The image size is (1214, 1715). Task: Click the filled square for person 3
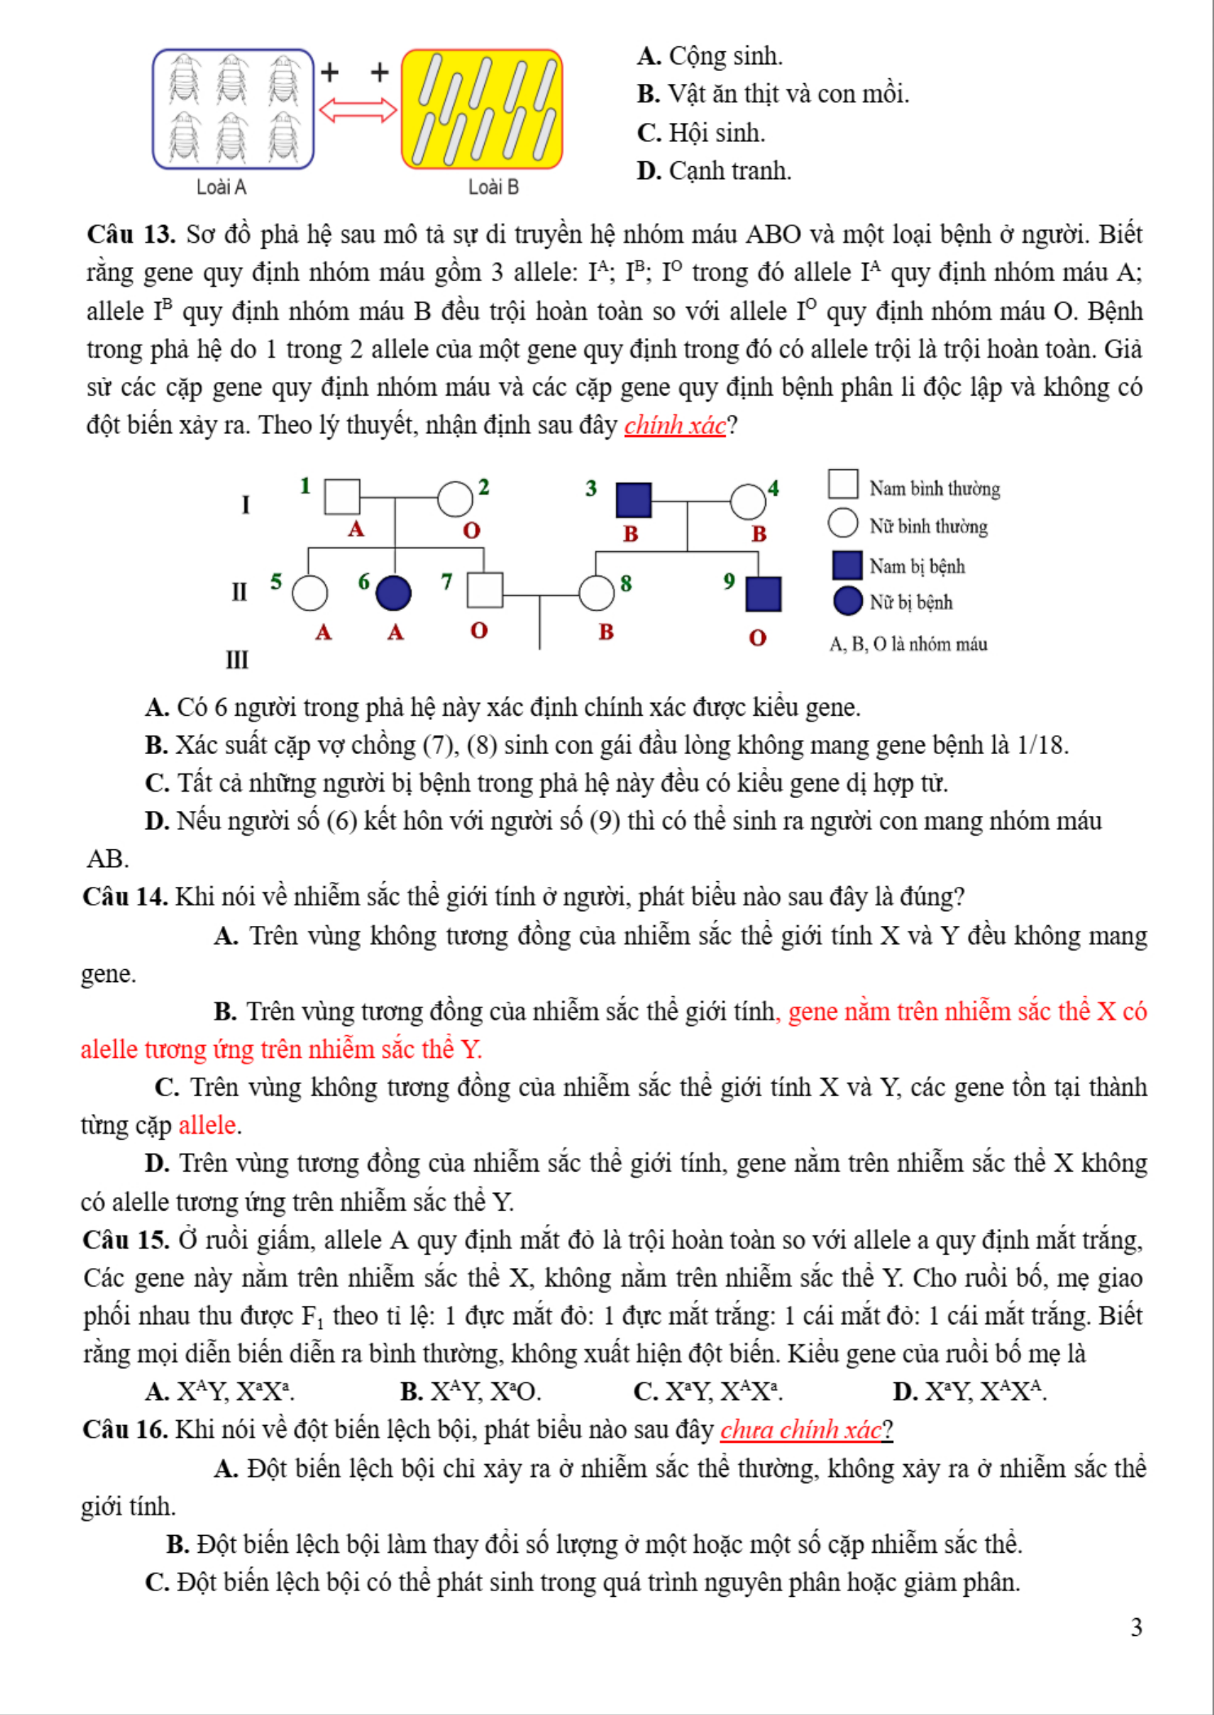click(633, 500)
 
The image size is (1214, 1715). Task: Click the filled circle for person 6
click(394, 593)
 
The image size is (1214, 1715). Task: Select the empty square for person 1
click(342, 497)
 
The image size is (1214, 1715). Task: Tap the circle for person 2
click(455, 499)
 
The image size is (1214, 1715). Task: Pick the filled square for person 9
click(763, 594)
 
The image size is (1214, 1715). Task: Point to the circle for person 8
click(596, 594)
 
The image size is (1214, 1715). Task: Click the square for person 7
click(485, 590)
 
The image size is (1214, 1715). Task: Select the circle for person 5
click(310, 594)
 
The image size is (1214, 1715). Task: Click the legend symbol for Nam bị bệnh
click(847, 564)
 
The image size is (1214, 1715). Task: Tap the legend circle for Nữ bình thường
click(842, 524)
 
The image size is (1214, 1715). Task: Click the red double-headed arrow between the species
click(358, 110)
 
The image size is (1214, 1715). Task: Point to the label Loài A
click(221, 187)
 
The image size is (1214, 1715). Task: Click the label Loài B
click(493, 187)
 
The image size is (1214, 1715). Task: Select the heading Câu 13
click(131, 235)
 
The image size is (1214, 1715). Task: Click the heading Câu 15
click(125, 1240)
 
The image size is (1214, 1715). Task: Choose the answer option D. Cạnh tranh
click(714, 171)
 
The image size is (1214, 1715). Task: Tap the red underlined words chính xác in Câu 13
click(675, 425)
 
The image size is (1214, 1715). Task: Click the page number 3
click(1137, 1627)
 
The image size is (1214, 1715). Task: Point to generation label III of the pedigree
click(237, 660)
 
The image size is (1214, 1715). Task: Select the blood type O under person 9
click(758, 638)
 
